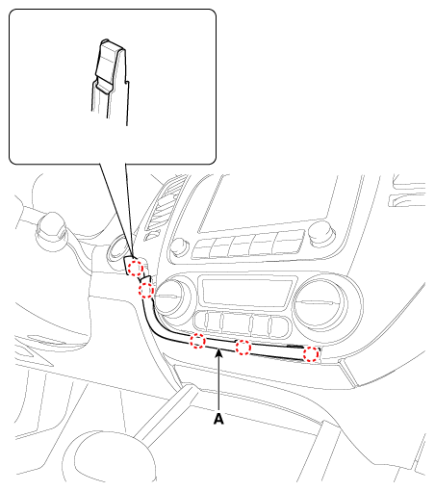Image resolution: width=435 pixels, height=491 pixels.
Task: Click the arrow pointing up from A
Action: click(x=220, y=380)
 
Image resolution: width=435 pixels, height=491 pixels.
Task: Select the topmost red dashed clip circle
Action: click(x=136, y=267)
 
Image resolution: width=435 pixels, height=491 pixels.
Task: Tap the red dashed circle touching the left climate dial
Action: click(x=147, y=290)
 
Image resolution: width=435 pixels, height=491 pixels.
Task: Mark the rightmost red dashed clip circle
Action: click(x=311, y=354)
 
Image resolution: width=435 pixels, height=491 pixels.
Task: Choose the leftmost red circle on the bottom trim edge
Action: click(x=197, y=340)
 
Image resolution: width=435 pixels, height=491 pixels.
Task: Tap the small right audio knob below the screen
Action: click(x=318, y=230)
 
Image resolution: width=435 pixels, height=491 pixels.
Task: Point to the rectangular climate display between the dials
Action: click(x=246, y=289)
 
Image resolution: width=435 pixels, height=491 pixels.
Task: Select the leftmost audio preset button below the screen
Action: click(x=204, y=248)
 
